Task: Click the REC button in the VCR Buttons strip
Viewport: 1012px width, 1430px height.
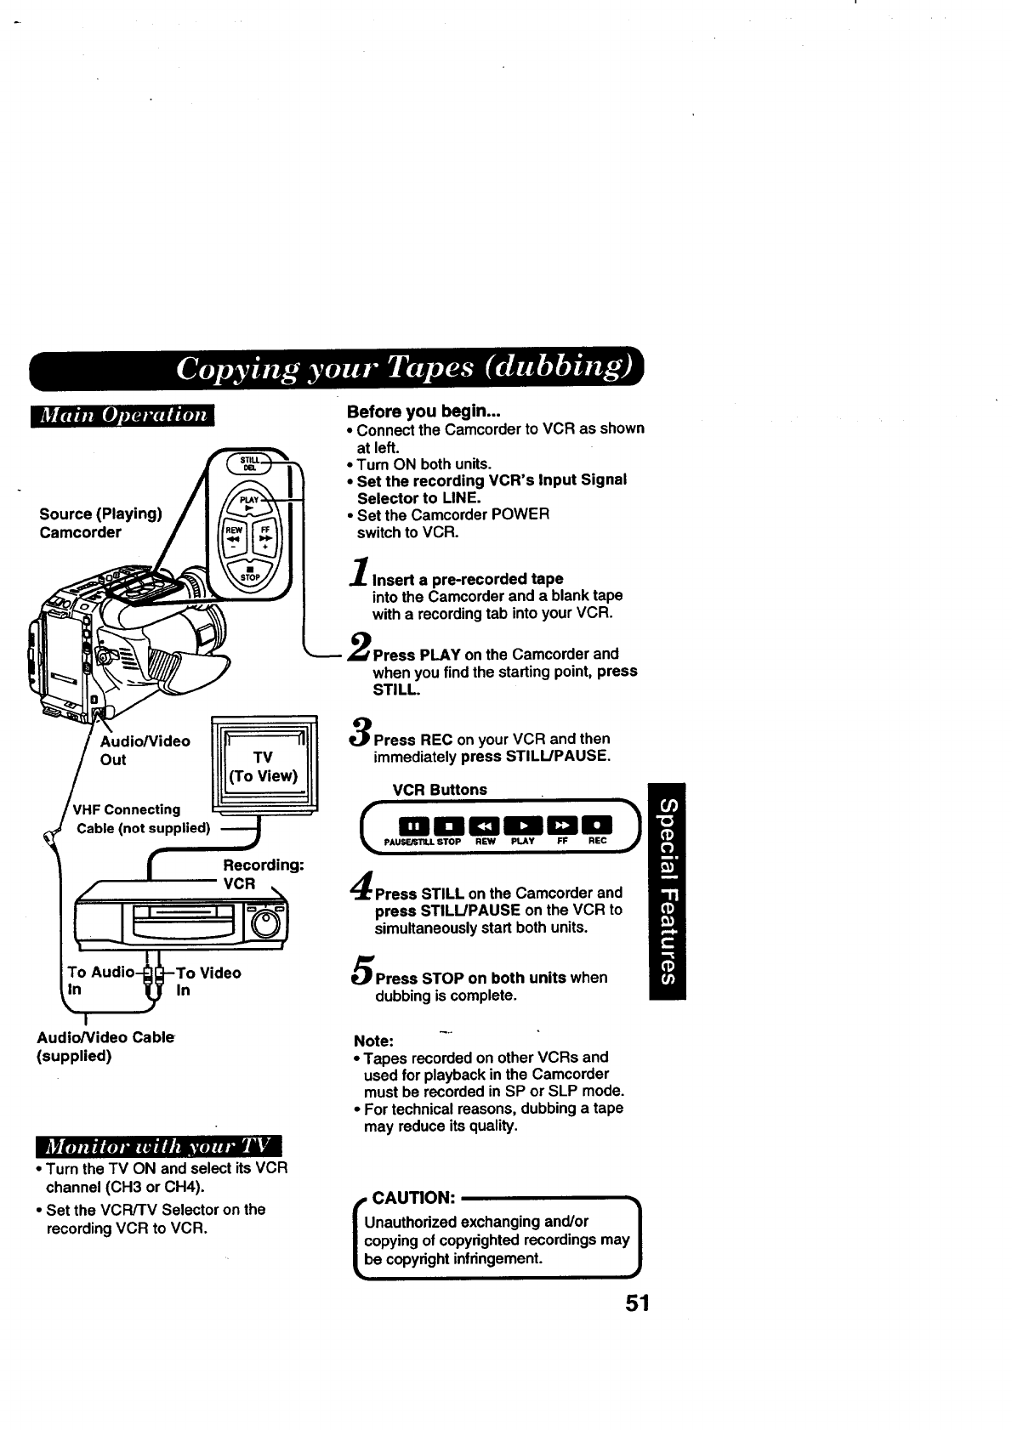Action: tap(600, 826)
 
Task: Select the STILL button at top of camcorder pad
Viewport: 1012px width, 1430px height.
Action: tap(251, 463)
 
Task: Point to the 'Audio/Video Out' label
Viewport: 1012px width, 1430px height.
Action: tap(145, 750)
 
